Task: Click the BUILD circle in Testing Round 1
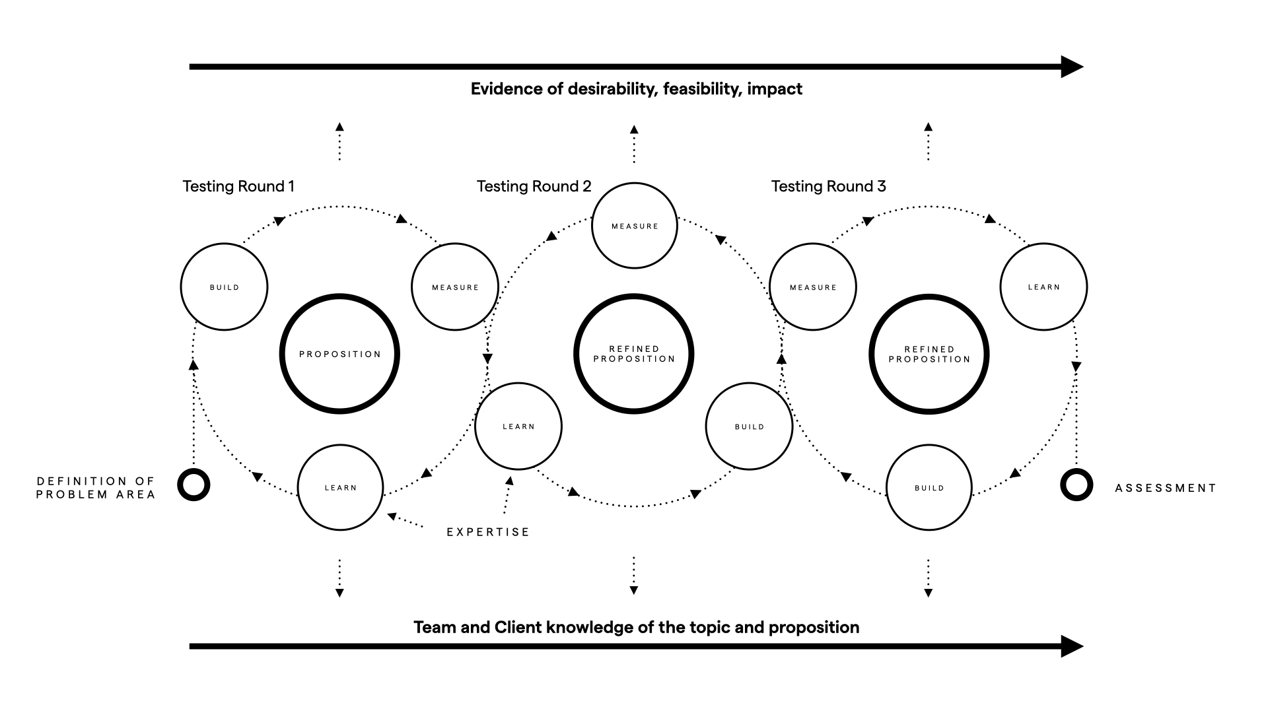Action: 224,287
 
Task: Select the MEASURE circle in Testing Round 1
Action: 454,287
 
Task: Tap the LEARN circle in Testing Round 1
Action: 340,487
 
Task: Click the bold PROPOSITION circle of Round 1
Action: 340,354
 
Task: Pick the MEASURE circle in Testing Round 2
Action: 634,226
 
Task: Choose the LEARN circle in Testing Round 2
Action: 518,426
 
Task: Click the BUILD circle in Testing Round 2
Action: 749,426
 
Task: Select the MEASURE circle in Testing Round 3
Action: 813,287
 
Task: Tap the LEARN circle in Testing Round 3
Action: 1043,287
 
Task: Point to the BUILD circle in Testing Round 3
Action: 929,487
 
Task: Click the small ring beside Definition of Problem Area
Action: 194,485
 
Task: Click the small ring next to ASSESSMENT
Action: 1076,485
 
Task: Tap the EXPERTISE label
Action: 488,532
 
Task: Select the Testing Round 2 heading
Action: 534,186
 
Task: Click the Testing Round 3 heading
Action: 828,186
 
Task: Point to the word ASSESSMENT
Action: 1166,488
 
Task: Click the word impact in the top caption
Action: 775,89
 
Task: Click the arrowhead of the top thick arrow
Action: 1071,67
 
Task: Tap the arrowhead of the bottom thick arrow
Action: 1071,646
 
